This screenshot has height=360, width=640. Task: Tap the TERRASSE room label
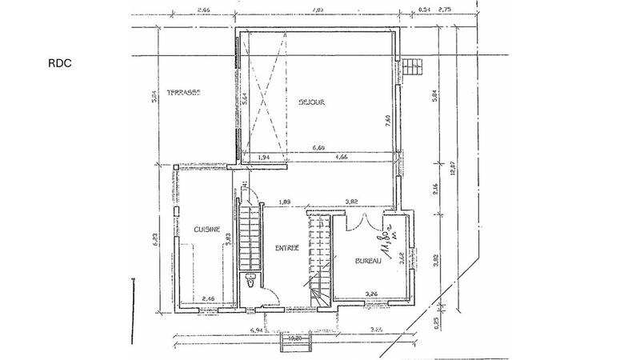coord(183,93)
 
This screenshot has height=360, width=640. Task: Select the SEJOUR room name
coord(312,102)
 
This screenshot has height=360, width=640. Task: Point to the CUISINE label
coord(206,229)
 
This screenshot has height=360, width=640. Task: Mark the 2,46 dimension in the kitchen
coord(209,298)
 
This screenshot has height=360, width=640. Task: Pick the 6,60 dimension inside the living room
coord(318,148)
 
